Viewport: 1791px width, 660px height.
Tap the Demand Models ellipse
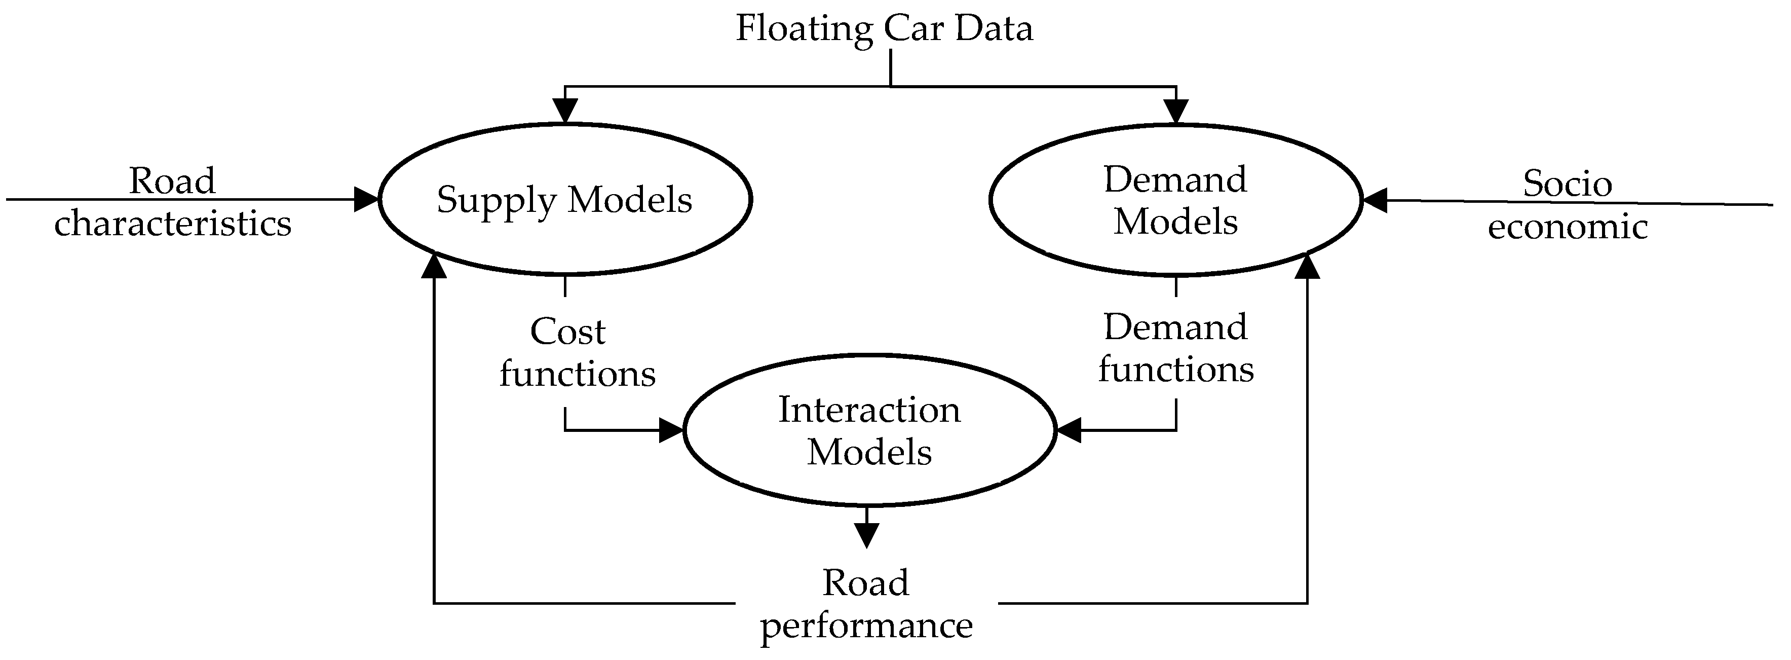click(x=1175, y=200)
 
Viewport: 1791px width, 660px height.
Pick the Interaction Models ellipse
click(x=869, y=430)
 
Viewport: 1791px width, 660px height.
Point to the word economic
click(x=1567, y=227)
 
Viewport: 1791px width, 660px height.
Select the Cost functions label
click(x=577, y=353)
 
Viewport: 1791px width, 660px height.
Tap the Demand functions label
click(x=1176, y=348)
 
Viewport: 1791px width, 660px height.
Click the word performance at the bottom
click(x=866, y=625)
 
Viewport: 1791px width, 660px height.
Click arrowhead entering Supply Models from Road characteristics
click(x=366, y=200)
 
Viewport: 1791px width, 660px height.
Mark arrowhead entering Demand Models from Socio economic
click(x=1375, y=200)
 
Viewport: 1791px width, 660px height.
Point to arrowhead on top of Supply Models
click(x=565, y=112)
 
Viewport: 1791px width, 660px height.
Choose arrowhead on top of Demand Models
click(x=1176, y=112)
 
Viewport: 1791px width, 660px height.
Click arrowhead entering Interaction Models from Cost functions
click(x=671, y=430)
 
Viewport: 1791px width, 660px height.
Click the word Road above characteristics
click(x=172, y=181)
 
